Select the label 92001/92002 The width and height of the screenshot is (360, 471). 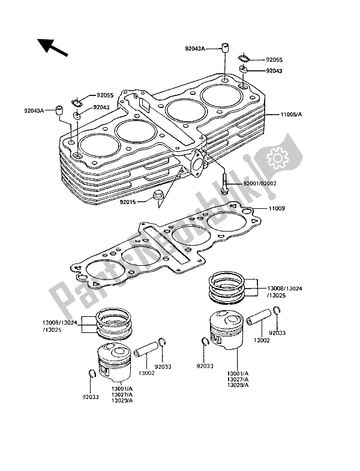click(259, 184)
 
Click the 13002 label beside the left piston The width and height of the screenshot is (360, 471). click(131, 374)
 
